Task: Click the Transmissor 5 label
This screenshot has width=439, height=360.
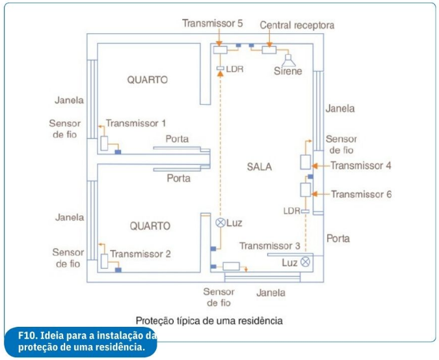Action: coord(212,23)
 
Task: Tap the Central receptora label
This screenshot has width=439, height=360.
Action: coord(297,25)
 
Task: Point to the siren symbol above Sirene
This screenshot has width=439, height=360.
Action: coord(288,60)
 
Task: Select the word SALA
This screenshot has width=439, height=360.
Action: coord(259,167)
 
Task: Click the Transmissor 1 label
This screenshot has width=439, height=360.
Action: coord(136,123)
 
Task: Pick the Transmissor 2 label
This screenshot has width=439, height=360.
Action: coord(140,254)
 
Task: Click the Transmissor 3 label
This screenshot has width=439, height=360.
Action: coord(270,246)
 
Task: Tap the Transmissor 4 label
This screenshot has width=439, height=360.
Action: coord(361,165)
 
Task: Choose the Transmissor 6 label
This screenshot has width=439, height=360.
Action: coord(362,194)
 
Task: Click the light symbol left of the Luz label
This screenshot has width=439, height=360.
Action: coord(220,223)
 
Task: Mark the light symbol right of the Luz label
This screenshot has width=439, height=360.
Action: coord(305,262)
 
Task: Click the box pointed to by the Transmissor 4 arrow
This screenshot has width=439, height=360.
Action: coord(306,162)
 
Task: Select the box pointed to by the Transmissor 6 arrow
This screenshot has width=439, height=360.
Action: coord(306,189)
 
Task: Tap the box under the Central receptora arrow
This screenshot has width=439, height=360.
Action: coord(269,50)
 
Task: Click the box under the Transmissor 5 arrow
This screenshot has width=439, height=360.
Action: coord(220,50)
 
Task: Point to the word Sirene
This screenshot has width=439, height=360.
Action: coord(288,71)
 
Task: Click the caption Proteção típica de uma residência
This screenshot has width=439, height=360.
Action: coord(209,320)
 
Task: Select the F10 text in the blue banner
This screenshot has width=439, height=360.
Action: coord(28,335)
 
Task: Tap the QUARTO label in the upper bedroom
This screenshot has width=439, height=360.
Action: coord(148,80)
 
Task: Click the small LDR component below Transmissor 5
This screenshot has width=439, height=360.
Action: coord(220,68)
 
